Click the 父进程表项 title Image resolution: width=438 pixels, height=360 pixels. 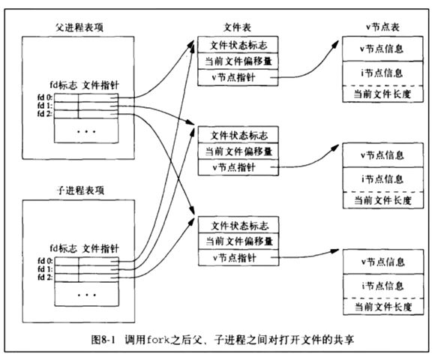(79, 27)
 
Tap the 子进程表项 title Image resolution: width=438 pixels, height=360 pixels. (80, 190)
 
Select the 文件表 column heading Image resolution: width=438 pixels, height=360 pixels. (237, 27)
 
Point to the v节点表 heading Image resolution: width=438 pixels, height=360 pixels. (382, 27)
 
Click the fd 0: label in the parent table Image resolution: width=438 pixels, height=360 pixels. (45, 97)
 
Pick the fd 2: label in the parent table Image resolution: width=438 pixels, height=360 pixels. (45, 114)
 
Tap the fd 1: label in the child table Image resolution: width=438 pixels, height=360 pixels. (45, 269)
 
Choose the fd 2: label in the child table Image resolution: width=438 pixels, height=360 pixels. (45, 277)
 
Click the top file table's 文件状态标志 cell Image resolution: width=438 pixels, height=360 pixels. (238, 45)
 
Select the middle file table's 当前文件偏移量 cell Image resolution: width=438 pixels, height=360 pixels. (238, 151)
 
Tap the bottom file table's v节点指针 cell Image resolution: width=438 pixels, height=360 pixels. (238, 257)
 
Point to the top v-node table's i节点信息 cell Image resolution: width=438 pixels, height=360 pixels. (382, 73)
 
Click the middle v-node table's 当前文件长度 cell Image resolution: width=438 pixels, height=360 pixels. (383, 200)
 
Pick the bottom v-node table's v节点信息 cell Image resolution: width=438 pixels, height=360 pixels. (383, 262)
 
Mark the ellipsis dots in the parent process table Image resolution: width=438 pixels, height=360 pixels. (86, 131)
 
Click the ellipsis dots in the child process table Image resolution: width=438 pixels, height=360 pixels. (87, 295)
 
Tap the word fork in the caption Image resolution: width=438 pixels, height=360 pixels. (158, 340)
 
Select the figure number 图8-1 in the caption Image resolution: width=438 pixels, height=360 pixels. (103, 340)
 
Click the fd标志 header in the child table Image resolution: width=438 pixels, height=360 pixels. (64, 248)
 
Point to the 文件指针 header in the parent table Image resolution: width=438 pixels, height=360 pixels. (100, 85)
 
